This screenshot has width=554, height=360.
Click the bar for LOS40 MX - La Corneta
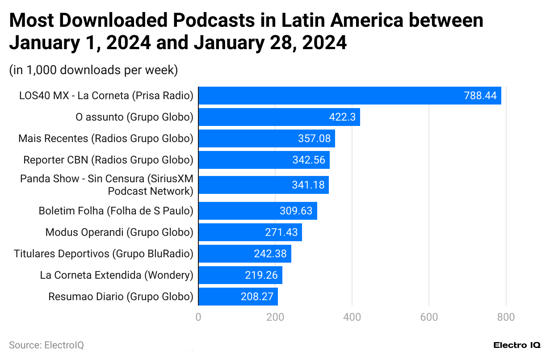point(349,96)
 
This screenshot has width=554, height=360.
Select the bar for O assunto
point(279,117)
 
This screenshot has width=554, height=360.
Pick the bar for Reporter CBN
point(264,160)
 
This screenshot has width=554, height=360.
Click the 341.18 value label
point(308,185)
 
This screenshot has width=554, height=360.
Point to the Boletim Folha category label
point(116,211)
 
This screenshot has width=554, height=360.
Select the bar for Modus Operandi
point(250,232)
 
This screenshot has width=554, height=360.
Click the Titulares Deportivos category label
point(104,254)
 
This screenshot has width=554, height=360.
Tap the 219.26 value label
point(261,275)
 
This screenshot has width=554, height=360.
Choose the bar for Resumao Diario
point(238,297)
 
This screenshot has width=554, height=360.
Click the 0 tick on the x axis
point(198,317)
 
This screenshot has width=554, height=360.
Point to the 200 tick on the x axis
point(275,317)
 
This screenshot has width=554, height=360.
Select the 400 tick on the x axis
point(352,317)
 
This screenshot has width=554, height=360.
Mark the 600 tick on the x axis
point(429,317)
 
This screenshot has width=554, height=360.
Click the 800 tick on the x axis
point(506,317)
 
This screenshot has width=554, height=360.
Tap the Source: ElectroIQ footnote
point(46,345)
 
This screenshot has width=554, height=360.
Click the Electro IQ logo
point(517,345)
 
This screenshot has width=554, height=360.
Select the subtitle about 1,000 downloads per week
point(93,70)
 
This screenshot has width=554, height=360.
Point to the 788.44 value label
point(480,96)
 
